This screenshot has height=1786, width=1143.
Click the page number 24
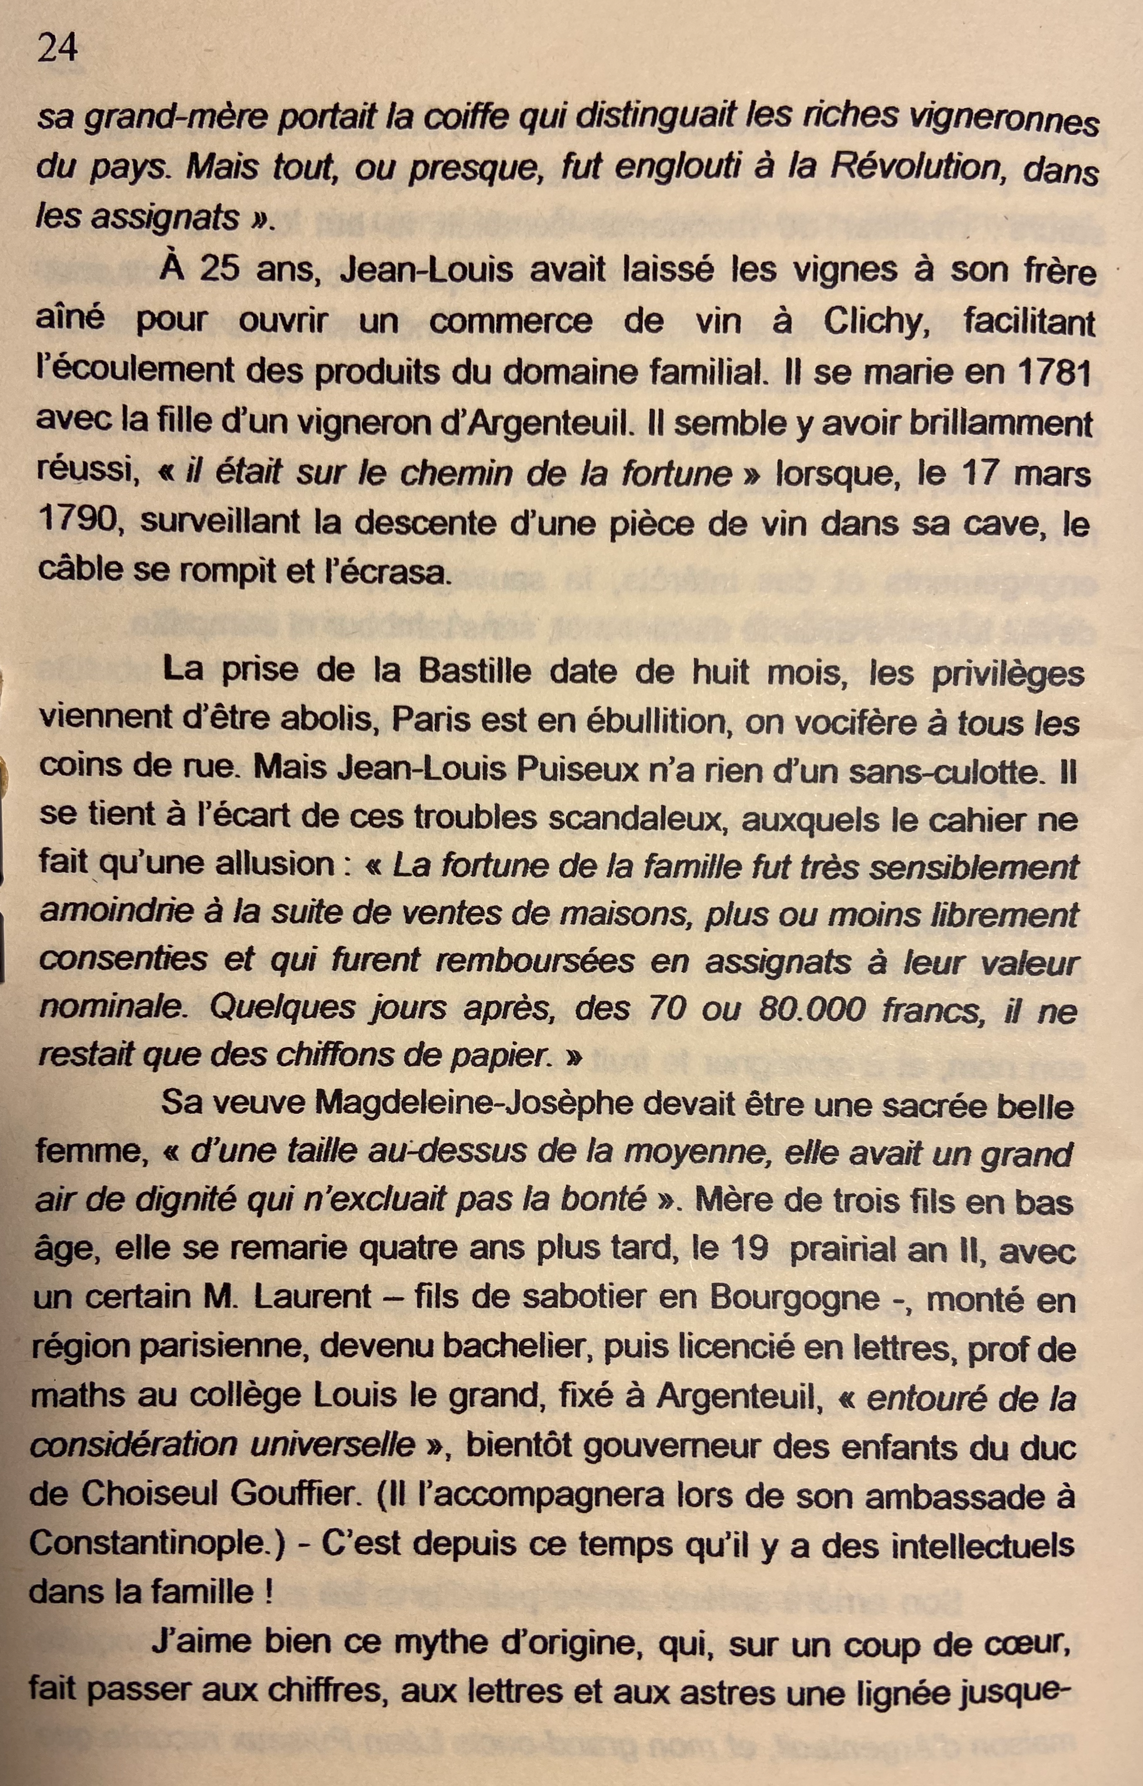click(x=57, y=49)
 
